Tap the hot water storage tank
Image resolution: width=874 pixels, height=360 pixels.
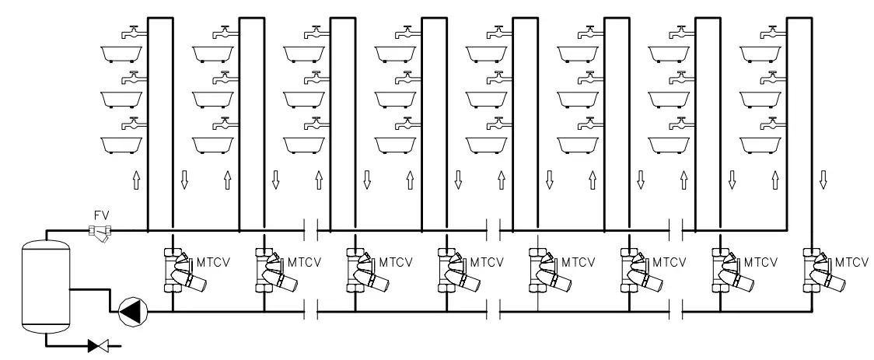(x=44, y=287)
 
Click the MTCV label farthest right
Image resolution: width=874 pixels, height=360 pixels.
(x=851, y=263)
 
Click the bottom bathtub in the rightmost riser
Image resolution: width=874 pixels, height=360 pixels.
(x=760, y=145)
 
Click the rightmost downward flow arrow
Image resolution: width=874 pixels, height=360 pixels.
(x=823, y=182)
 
